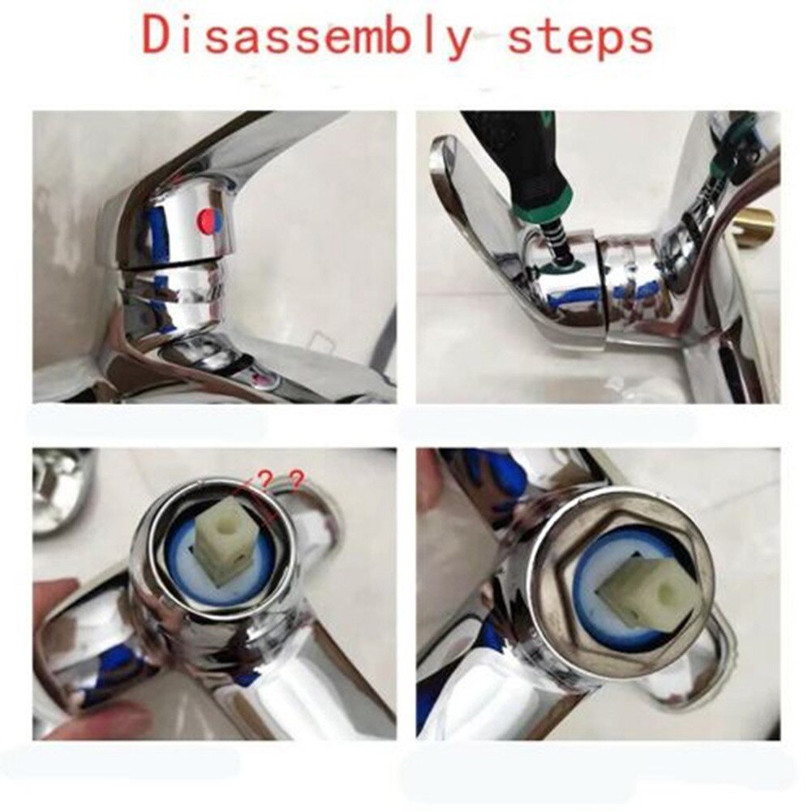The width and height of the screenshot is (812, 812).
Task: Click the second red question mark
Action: click(296, 481)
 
